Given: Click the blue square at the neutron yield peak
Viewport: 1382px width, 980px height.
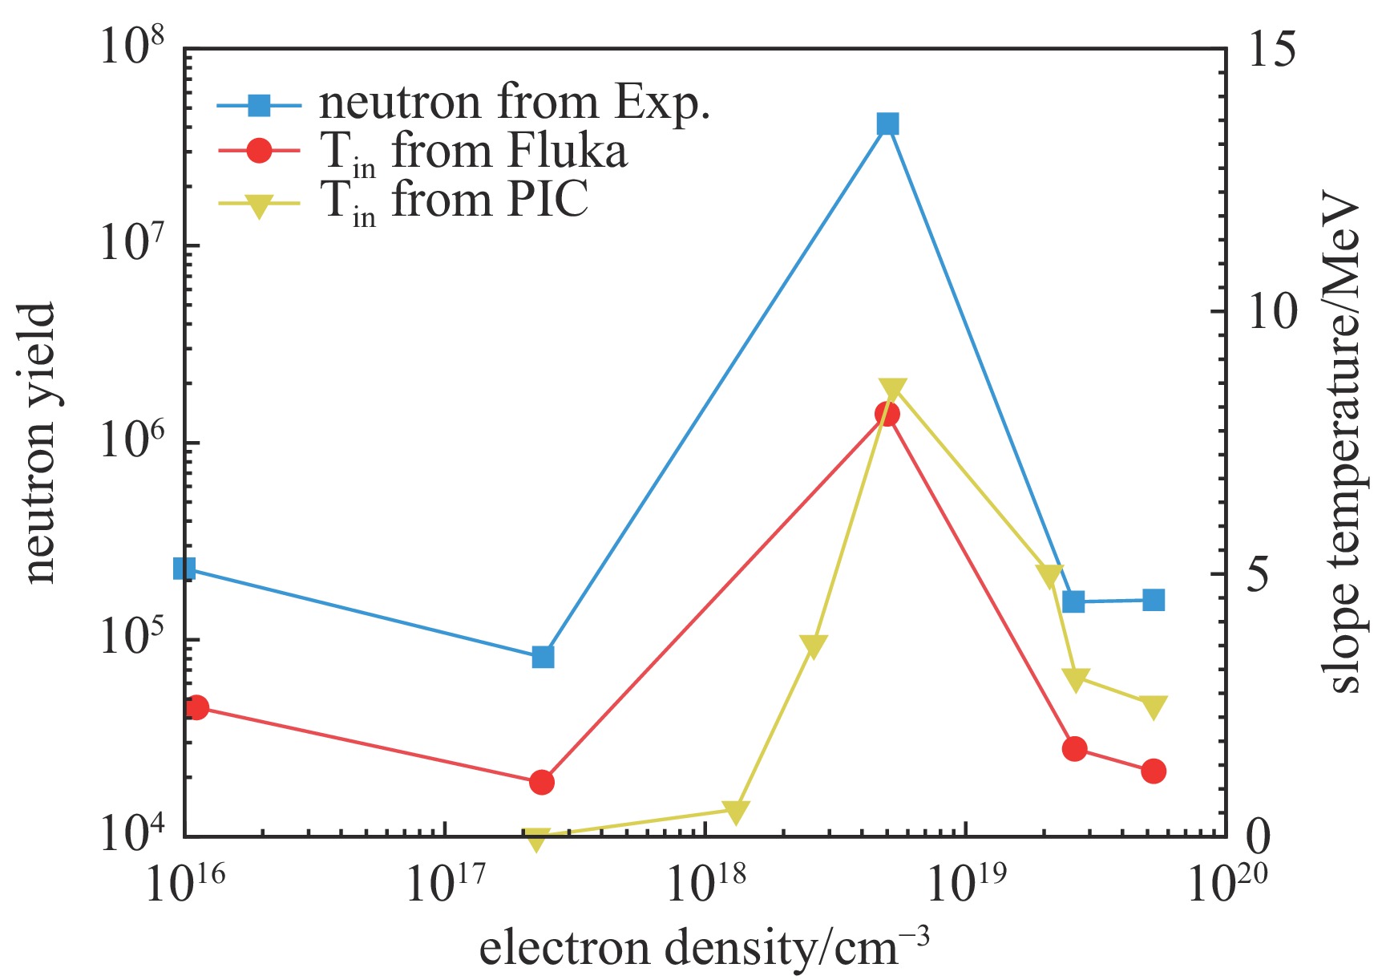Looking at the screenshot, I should pyautogui.click(x=887, y=124).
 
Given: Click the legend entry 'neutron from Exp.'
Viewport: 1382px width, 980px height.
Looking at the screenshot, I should pyautogui.click(x=513, y=103).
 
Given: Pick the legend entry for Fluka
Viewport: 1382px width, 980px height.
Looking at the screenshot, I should pyautogui.click(x=473, y=152).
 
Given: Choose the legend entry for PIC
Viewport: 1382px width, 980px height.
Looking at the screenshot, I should pyautogui.click(x=454, y=200).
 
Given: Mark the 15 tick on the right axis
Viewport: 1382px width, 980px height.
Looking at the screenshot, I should pyautogui.click(x=1270, y=50).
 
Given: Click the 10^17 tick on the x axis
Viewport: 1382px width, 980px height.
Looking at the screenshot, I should pyautogui.click(x=444, y=882).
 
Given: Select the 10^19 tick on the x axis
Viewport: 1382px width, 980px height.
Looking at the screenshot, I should pyautogui.click(x=965, y=882).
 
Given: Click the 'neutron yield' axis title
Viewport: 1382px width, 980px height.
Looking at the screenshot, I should pyautogui.click(x=40, y=443).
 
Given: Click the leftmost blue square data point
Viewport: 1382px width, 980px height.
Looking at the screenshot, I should pyautogui.click(x=184, y=569).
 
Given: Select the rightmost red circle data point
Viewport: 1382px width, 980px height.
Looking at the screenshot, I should pyautogui.click(x=1154, y=771).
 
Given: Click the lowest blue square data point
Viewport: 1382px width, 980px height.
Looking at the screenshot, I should pyautogui.click(x=543, y=657).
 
